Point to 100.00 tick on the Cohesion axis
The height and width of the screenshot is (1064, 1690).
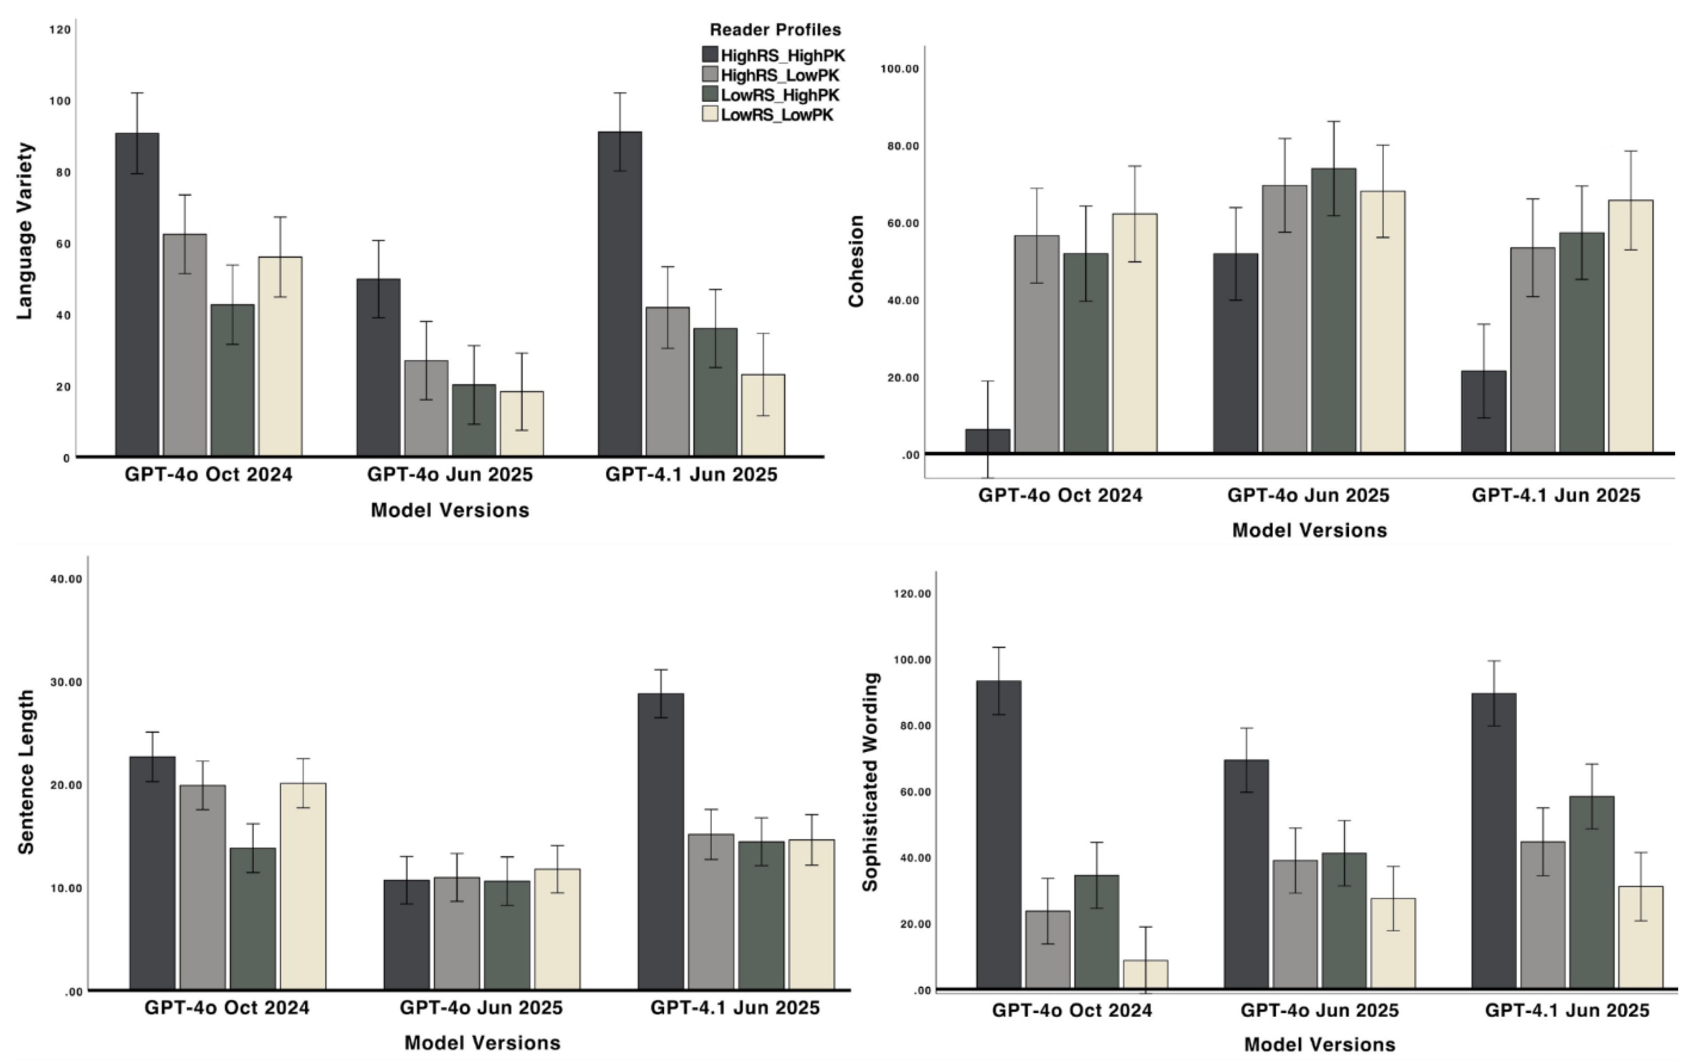click(899, 69)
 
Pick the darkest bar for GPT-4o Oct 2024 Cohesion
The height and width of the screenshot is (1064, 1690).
click(987, 441)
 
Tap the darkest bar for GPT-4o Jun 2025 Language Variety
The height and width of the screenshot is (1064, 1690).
click(378, 367)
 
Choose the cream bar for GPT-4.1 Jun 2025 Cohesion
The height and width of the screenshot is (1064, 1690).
click(1630, 326)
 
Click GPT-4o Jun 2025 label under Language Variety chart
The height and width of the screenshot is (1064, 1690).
click(450, 475)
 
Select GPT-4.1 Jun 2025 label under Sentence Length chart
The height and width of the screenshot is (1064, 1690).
click(735, 1008)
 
